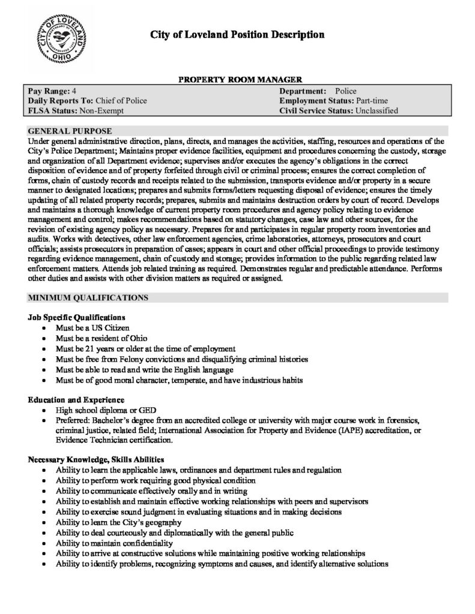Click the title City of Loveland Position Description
pos(237,35)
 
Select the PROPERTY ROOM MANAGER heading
pos(237,79)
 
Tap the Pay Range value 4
pos(74,90)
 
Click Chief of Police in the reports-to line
pos(121,100)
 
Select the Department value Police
pos(345,90)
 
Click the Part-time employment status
pos(372,100)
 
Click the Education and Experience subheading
pos(76,399)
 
